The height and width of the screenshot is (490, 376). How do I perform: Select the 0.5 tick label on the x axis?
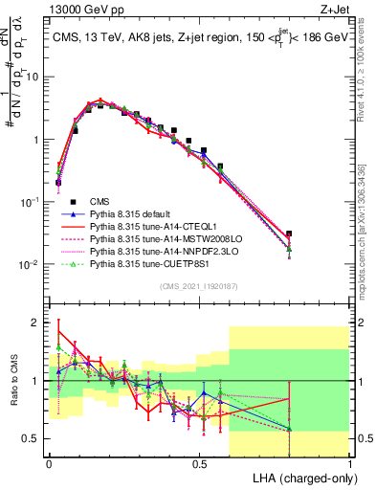click(x=199, y=461)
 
